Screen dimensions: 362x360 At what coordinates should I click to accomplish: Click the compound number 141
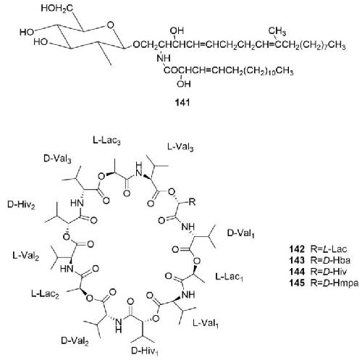[x=182, y=103]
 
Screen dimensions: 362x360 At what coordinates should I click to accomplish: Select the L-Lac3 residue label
[x=106, y=141]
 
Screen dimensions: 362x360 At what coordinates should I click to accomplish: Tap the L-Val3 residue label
[x=180, y=147]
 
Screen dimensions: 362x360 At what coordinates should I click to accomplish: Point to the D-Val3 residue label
[x=57, y=159]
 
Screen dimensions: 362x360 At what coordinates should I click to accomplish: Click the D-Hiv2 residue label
[x=21, y=205]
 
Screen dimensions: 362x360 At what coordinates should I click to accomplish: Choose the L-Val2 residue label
[x=26, y=256]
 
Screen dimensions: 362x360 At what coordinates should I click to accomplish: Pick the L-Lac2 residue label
[x=45, y=294]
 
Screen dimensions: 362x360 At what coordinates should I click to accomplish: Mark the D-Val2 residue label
[x=75, y=340]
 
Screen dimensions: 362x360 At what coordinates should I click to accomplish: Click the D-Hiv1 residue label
[x=145, y=351]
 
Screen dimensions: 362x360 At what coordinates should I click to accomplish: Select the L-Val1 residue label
[x=206, y=323]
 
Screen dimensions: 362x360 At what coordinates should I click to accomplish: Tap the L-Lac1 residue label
[x=229, y=277]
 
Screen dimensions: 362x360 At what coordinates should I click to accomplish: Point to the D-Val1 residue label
[x=241, y=233]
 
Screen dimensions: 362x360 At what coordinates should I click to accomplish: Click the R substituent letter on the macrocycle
[x=192, y=202]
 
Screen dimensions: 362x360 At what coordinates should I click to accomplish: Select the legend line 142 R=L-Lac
[x=318, y=249]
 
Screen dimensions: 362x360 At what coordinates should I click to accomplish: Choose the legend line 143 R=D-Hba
[x=320, y=260]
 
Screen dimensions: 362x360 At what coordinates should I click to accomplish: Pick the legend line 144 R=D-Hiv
[x=318, y=272]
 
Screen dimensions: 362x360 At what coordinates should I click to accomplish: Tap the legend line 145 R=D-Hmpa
[x=324, y=282]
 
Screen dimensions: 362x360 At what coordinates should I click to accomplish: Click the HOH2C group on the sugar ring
[x=56, y=9]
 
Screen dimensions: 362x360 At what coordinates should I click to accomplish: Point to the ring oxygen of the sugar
[x=110, y=25]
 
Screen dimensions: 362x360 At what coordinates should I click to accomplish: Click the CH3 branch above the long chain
[x=277, y=31]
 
